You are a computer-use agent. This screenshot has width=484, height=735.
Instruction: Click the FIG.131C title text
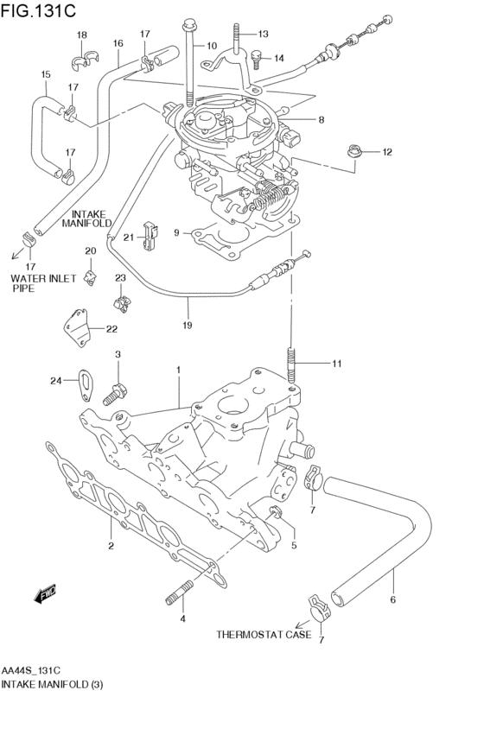pyautogui.click(x=38, y=10)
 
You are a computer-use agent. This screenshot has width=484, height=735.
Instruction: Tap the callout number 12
pyautogui.click(x=387, y=152)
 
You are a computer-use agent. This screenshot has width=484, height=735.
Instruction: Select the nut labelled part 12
pyautogui.click(x=353, y=151)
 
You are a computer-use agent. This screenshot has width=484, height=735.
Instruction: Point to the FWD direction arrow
pyautogui.click(x=45, y=592)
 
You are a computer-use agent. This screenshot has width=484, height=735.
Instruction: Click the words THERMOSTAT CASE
pyautogui.click(x=264, y=635)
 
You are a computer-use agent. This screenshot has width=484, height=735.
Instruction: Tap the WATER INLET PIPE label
pyautogui.click(x=43, y=283)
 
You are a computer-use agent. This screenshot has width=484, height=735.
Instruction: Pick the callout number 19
pyautogui.click(x=188, y=325)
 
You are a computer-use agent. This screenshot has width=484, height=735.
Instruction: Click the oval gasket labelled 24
pyautogui.click(x=86, y=386)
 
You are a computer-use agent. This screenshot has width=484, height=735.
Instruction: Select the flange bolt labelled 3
pyautogui.click(x=114, y=394)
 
